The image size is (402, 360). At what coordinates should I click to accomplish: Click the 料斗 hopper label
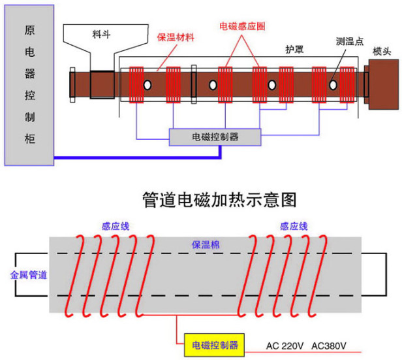click(x=101, y=34)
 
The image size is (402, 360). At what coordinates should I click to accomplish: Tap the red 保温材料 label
click(x=176, y=37)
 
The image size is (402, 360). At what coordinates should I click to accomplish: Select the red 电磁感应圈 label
click(x=242, y=26)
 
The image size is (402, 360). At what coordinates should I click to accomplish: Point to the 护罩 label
click(x=294, y=50)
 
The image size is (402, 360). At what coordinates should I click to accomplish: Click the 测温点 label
click(x=350, y=41)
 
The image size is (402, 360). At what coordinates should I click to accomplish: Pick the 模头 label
click(x=382, y=52)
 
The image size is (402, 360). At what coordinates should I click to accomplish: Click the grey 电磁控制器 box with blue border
click(x=215, y=137)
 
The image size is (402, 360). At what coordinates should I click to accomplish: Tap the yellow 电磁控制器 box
click(x=214, y=345)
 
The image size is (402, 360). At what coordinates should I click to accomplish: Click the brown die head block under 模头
click(x=383, y=84)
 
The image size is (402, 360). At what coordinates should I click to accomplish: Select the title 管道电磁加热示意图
click(x=219, y=200)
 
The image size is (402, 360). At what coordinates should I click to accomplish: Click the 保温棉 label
click(x=206, y=244)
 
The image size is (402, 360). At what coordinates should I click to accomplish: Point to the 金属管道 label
click(x=29, y=275)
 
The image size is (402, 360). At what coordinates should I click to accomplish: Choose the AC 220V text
click(x=285, y=346)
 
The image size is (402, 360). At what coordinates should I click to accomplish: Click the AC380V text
click(x=329, y=346)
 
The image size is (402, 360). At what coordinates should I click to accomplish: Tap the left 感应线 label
click(x=116, y=226)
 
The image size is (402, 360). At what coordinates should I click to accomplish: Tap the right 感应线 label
click(x=294, y=226)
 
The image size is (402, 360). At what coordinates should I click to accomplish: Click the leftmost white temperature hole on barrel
click(x=147, y=85)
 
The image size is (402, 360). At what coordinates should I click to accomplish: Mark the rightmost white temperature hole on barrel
click(x=333, y=85)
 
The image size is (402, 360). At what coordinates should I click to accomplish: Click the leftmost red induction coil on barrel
click(x=136, y=85)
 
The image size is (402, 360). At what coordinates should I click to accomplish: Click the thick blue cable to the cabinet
click(x=137, y=157)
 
